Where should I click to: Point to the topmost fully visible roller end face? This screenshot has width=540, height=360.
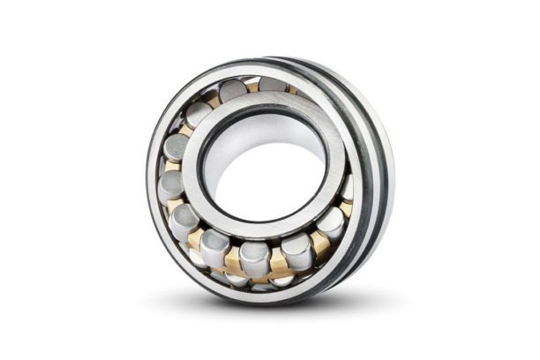[x=233, y=88]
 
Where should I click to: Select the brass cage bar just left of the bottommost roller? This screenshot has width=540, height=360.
[x=232, y=261]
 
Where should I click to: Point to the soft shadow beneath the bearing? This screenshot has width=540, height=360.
[x=265, y=304]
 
